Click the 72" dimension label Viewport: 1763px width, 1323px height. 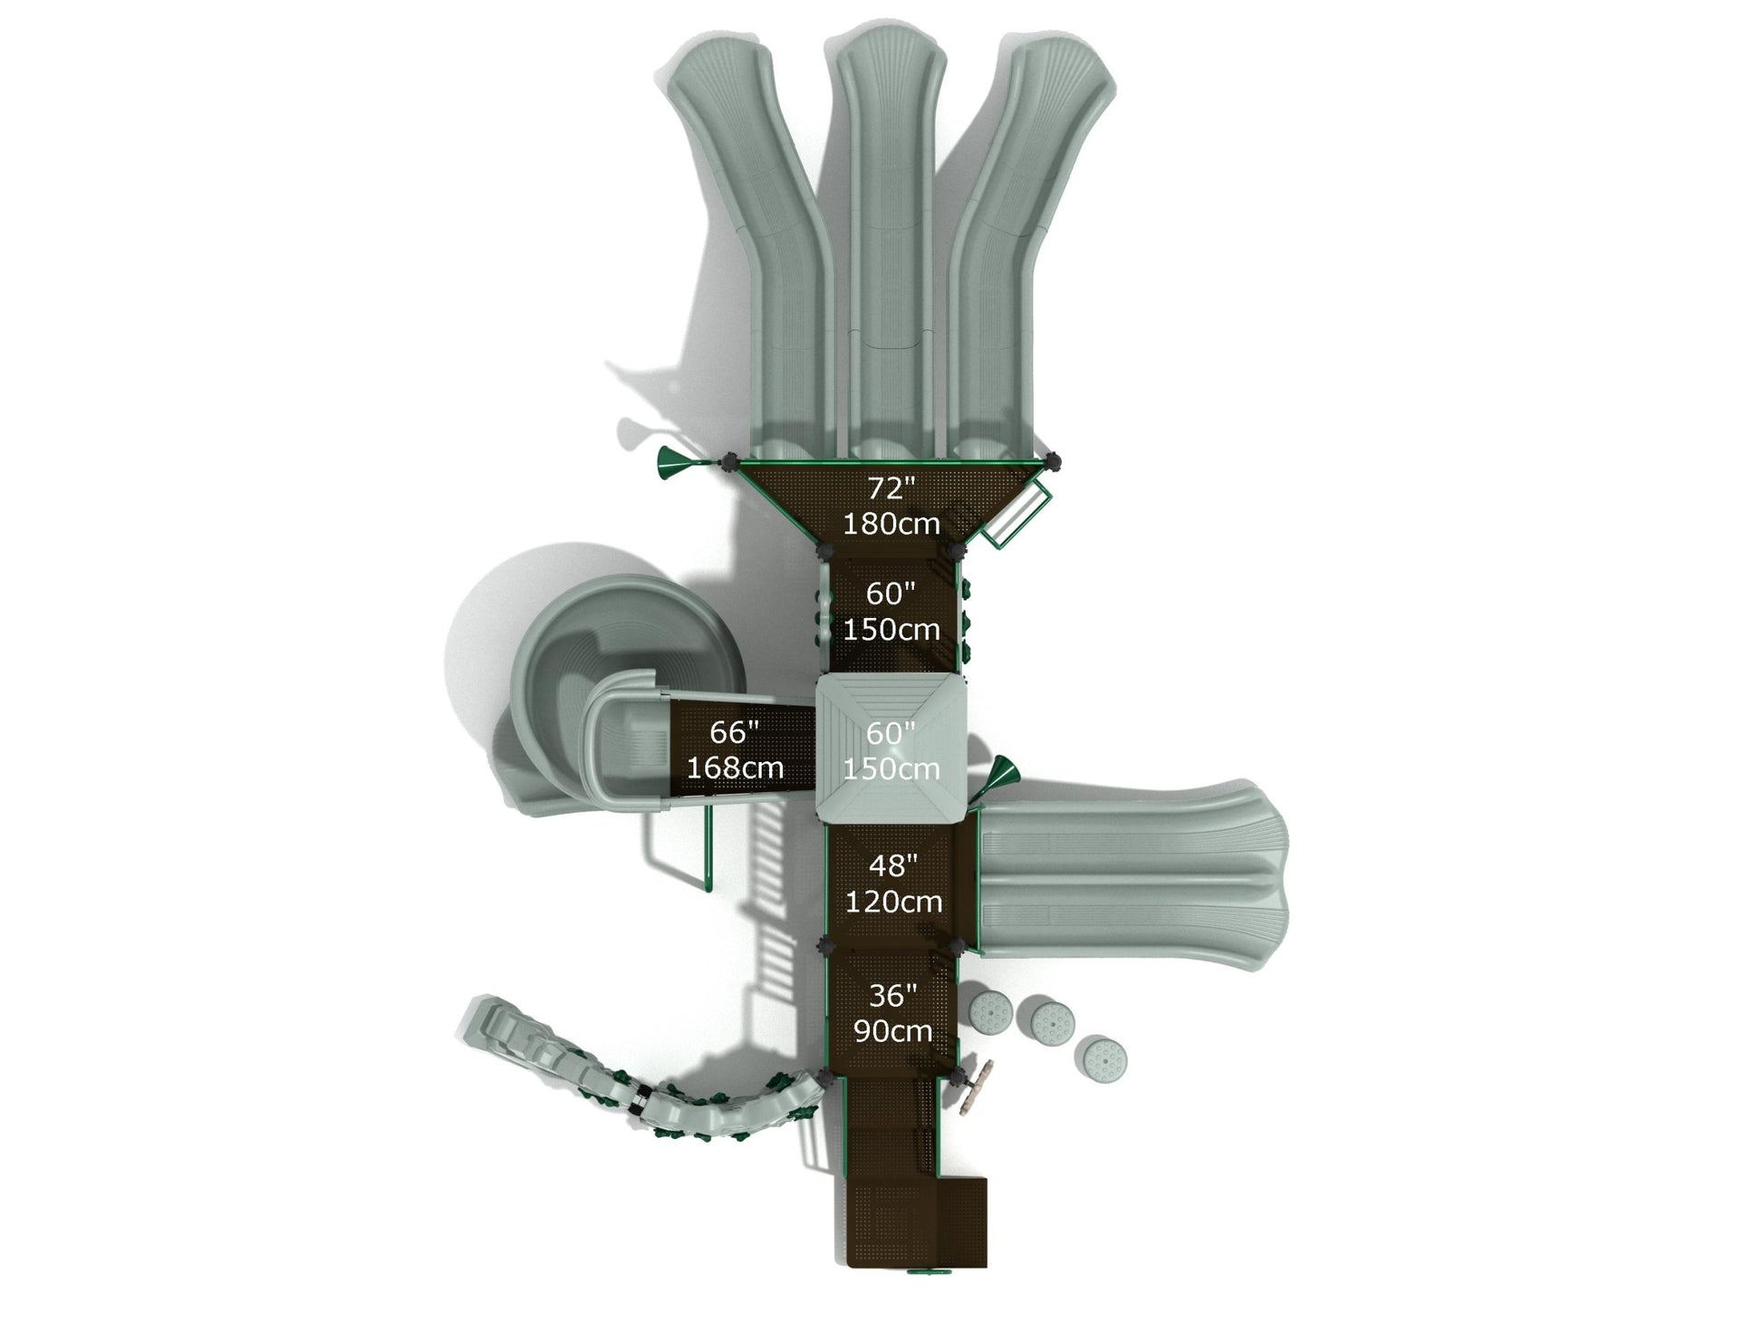(892, 488)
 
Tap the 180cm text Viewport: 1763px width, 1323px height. (891, 524)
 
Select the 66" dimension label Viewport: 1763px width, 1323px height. (734, 732)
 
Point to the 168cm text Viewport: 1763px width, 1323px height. (735, 768)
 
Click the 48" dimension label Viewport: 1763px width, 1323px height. (893, 866)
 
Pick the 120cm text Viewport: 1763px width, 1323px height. (893, 902)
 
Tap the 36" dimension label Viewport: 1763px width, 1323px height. (892, 996)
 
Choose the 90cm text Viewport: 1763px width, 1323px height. (892, 1031)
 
